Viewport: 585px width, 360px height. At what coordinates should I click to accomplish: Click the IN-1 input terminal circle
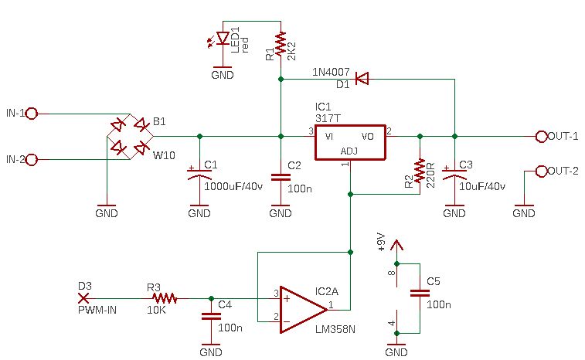(x=32, y=114)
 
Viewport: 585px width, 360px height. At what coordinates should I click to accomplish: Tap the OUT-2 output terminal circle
(x=542, y=172)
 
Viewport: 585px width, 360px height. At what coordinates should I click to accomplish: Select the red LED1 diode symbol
(x=223, y=38)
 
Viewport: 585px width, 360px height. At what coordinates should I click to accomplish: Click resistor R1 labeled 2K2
(x=281, y=46)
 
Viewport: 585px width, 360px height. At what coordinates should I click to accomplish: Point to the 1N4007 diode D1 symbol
(x=362, y=79)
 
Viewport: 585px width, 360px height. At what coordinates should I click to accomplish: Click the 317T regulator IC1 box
(x=350, y=142)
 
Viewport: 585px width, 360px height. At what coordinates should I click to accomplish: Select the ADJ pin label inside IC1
(x=349, y=151)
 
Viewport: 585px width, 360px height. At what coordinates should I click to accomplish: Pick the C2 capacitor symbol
(x=281, y=177)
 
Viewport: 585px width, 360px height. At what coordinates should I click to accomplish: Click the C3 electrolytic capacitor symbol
(x=454, y=174)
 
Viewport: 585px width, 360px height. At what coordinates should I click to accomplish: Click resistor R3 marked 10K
(x=164, y=298)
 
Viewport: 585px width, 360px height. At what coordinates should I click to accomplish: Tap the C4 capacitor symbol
(x=211, y=317)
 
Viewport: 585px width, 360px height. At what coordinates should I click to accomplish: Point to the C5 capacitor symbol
(x=420, y=294)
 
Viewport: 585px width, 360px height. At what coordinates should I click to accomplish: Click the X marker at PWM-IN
(x=83, y=298)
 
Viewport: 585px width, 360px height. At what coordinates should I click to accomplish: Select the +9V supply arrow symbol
(x=396, y=246)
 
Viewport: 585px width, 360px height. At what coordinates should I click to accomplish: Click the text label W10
(x=164, y=155)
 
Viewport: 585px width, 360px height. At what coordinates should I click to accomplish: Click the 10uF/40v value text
(x=482, y=186)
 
